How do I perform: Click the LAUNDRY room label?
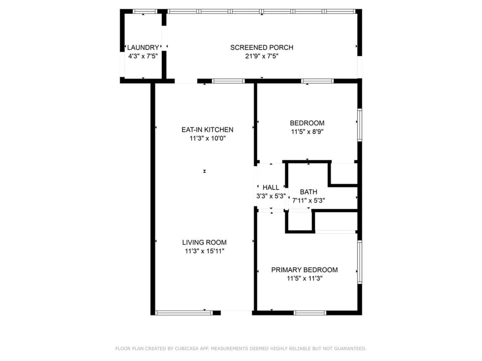click(143, 48)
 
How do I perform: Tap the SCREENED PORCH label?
click(262, 48)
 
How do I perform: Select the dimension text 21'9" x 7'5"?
click(262, 56)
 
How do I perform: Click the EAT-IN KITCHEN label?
click(207, 129)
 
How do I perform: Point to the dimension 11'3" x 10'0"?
click(207, 138)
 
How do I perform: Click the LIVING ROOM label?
click(204, 243)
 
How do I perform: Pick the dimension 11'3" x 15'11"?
click(204, 251)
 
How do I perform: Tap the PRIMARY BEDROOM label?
click(304, 270)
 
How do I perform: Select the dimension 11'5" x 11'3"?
click(305, 278)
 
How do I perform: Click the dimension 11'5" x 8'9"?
click(307, 132)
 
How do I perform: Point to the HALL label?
click(271, 188)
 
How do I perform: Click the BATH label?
click(309, 192)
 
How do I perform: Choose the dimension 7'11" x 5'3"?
click(309, 201)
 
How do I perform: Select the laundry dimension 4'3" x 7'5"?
click(143, 56)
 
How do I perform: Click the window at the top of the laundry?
click(145, 12)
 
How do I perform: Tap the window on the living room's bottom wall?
click(184, 313)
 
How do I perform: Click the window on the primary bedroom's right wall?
click(359, 262)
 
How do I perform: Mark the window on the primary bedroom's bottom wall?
click(310, 313)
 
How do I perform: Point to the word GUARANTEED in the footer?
click(350, 348)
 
